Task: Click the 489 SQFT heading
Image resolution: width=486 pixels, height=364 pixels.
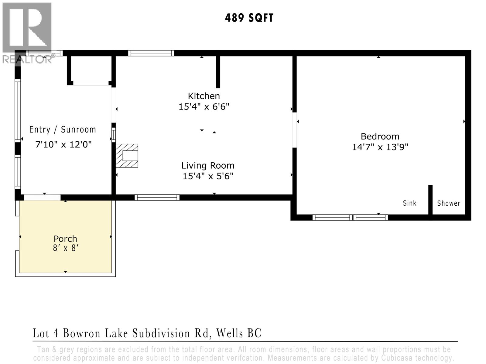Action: click(249, 18)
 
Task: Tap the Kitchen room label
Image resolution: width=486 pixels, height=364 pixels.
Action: click(204, 96)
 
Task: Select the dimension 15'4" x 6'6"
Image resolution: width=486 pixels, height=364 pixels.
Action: click(204, 107)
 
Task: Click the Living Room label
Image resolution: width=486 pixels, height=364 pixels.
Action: click(208, 165)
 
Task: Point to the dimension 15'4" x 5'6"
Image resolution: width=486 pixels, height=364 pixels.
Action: click(208, 176)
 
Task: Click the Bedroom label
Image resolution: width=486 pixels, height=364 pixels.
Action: click(380, 136)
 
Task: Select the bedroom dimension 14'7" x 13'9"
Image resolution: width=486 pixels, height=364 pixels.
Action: click(380, 147)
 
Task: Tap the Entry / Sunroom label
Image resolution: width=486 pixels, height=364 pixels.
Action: click(63, 130)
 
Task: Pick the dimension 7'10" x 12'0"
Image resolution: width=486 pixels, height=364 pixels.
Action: click(63, 144)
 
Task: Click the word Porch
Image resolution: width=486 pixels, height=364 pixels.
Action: click(65, 239)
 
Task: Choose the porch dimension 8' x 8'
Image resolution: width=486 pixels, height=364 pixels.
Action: click(66, 248)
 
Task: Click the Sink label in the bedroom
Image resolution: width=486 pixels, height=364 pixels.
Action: click(409, 203)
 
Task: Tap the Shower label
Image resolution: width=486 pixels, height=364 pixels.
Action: click(448, 203)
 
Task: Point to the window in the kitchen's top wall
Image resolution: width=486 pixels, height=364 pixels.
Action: click(151, 53)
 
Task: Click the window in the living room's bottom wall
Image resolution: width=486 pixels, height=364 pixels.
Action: click(157, 198)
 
